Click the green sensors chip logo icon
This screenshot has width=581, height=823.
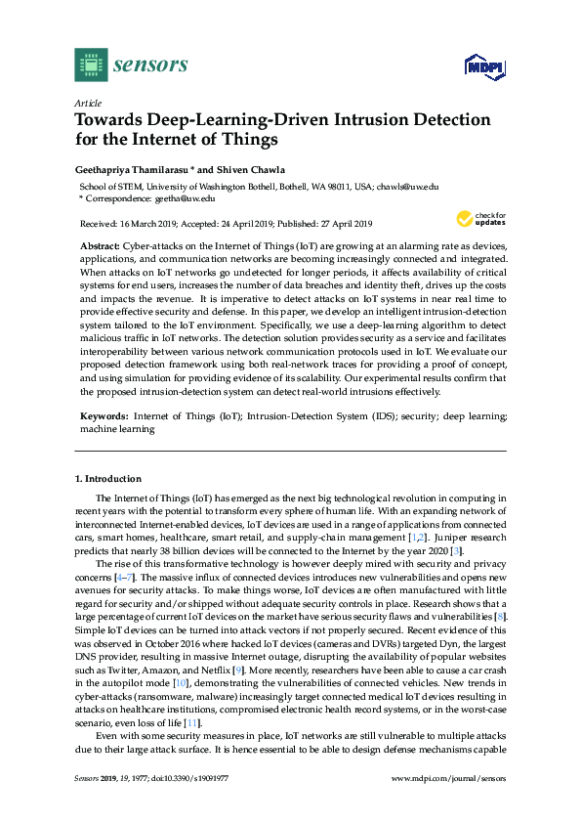click(x=90, y=65)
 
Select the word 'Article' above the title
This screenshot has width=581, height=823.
click(x=87, y=103)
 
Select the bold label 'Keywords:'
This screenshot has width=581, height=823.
click(x=103, y=415)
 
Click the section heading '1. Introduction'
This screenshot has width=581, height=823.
click(x=108, y=479)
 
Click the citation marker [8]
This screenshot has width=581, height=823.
click(x=501, y=618)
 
